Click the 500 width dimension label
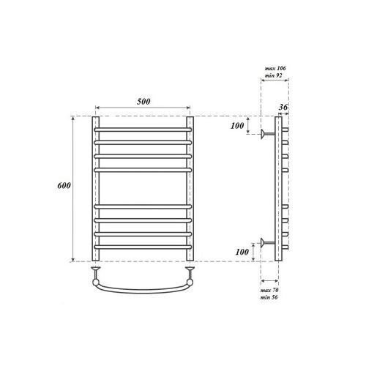[x=143, y=102]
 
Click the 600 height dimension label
[x=64, y=186]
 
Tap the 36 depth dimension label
[x=283, y=107]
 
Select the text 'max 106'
[x=275, y=68]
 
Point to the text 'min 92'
[x=273, y=75]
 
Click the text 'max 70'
[x=269, y=290]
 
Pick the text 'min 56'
[x=269, y=297]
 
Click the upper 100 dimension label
[x=237, y=126]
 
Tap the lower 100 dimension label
[x=242, y=252]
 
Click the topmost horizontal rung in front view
[x=143, y=130]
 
